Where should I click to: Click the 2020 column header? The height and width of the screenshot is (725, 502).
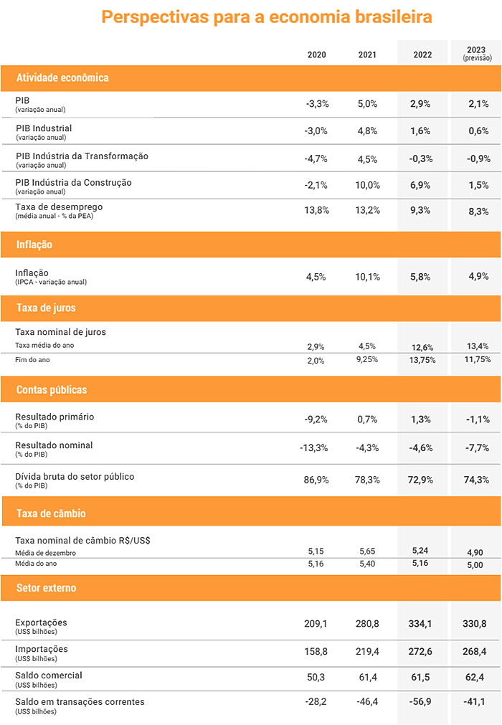click(x=317, y=55)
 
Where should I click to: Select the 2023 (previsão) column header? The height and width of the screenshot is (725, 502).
click(x=477, y=53)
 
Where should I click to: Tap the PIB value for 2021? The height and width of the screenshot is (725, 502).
click(x=367, y=103)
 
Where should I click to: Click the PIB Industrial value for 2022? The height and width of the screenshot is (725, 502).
click(x=420, y=131)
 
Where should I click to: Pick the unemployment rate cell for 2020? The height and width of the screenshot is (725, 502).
click(x=317, y=210)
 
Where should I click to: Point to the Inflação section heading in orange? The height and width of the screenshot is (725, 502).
click(x=34, y=245)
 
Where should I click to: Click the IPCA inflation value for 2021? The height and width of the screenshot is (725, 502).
click(x=367, y=277)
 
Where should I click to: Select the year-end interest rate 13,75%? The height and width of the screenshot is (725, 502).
click(x=422, y=360)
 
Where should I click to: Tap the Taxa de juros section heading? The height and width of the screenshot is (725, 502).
click(x=46, y=308)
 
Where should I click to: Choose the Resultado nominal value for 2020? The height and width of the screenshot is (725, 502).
click(x=314, y=447)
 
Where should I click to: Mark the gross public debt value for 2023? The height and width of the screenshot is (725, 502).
click(x=477, y=480)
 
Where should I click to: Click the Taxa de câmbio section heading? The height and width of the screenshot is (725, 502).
click(x=52, y=513)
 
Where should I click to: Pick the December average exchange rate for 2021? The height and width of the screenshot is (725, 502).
click(x=367, y=551)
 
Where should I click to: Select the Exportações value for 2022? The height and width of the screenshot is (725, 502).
click(x=420, y=624)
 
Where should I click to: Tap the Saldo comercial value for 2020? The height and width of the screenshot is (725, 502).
click(x=316, y=678)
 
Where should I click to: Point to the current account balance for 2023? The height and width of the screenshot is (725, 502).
click(x=474, y=702)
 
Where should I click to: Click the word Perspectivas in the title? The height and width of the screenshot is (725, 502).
click(x=155, y=17)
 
